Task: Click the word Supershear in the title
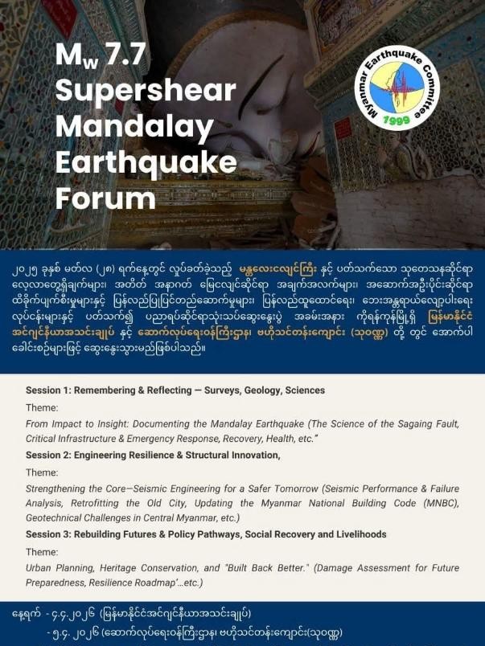click(x=146, y=91)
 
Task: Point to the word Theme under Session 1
click(x=42, y=407)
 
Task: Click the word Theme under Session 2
click(x=42, y=472)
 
